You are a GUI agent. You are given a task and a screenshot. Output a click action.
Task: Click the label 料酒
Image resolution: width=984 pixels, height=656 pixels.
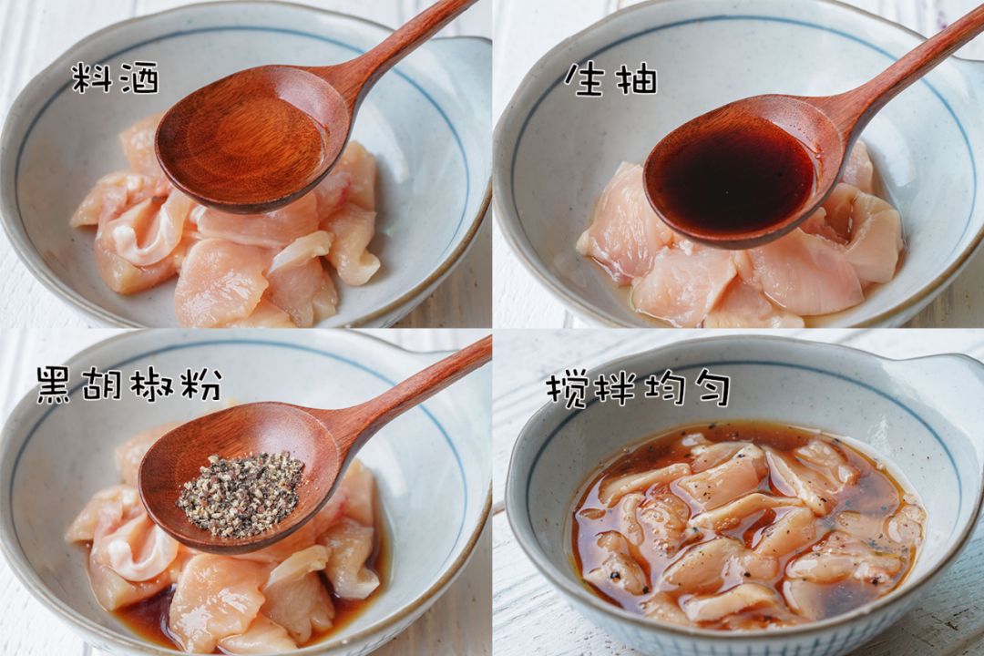[x=116, y=78]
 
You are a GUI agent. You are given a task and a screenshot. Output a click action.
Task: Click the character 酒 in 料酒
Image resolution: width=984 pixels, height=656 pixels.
[x=138, y=78]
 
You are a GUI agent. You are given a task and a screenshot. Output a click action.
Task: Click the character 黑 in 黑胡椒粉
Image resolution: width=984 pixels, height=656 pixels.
[x=55, y=385]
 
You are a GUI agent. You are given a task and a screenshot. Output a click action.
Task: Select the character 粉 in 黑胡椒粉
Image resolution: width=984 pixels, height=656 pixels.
[x=203, y=385]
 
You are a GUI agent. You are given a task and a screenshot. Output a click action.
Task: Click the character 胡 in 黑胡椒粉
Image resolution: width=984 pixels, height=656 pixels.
[x=104, y=385]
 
